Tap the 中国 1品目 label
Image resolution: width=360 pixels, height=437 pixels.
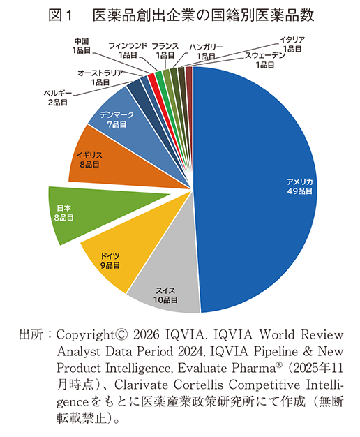tap(81, 45)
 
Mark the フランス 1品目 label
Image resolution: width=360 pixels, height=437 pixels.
tap(165, 50)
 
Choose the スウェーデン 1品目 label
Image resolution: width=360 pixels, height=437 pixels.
tap(264, 60)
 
